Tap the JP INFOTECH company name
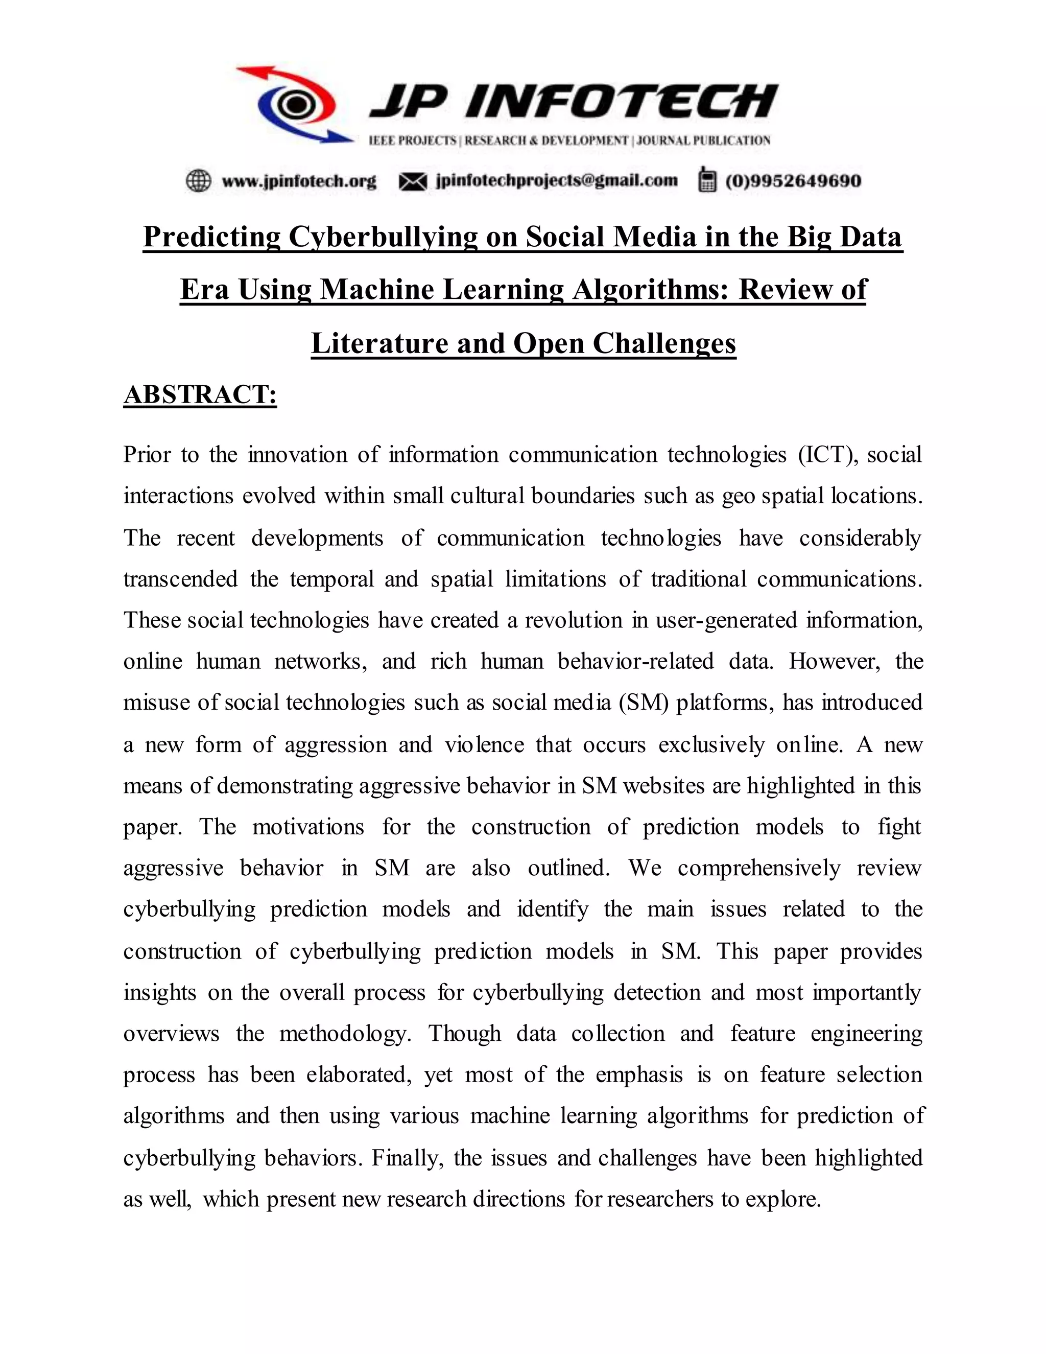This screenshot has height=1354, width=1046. pyautogui.click(x=573, y=102)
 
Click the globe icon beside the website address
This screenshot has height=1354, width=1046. pyautogui.click(x=198, y=181)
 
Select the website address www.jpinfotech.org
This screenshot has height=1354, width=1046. pyautogui.click(x=299, y=181)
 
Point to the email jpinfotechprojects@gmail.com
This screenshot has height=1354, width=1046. pyautogui.click(x=557, y=180)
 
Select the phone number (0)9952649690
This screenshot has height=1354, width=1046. pyautogui.click(x=793, y=181)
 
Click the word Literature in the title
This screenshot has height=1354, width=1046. pyautogui.click(x=379, y=343)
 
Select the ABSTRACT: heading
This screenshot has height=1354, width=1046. pyautogui.click(x=200, y=395)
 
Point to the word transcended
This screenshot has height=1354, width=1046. pyautogui.click(x=180, y=579)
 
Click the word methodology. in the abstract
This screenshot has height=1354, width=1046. pyautogui.click(x=345, y=1034)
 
